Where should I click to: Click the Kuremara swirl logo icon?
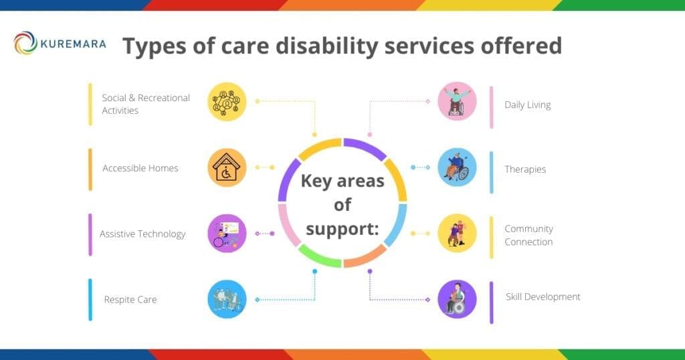[x=25, y=43]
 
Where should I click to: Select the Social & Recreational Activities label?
[x=146, y=104]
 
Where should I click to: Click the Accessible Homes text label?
[x=140, y=169]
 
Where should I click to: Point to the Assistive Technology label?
[x=142, y=234]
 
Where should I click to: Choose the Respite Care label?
[x=130, y=299]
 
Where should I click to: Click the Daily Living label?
[x=528, y=104]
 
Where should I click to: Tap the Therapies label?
[x=525, y=169]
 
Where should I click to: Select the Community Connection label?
[x=528, y=235]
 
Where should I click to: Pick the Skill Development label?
[x=543, y=296]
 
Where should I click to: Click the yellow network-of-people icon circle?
[x=227, y=102]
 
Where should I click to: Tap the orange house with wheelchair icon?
[x=227, y=167]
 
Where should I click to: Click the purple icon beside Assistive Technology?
[x=227, y=233]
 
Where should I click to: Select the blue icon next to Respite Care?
[x=227, y=298]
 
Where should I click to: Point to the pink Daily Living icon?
[x=457, y=102]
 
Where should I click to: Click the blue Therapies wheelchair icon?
[x=457, y=167]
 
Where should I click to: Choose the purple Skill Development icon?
[x=457, y=298]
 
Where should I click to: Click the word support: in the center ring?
[x=342, y=228]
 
